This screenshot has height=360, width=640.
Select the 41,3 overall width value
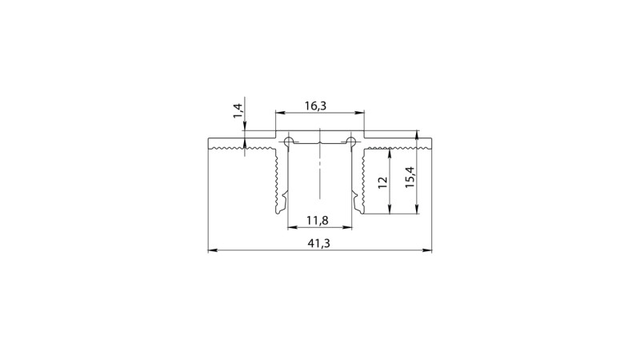(319, 242)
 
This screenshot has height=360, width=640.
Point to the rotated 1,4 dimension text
(238, 111)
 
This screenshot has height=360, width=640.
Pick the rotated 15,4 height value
(409, 176)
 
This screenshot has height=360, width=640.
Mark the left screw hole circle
(287, 142)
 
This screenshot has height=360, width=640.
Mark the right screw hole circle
(351, 142)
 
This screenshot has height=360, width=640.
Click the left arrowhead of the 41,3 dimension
(212, 251)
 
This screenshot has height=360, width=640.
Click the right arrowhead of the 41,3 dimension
(427, 251)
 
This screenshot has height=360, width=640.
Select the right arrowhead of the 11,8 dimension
(348, 226)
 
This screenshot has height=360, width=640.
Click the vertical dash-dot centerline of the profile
(319, 172)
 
